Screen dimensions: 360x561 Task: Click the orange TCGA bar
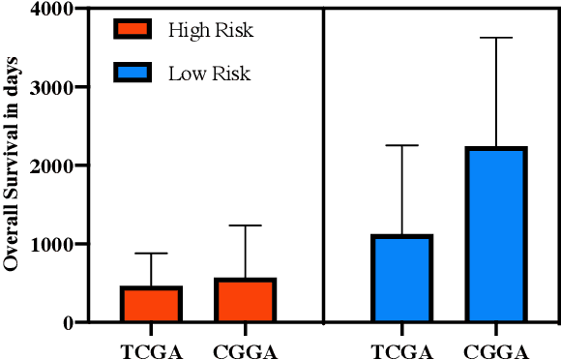click(151, 304)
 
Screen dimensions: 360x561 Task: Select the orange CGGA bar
click(246, 300)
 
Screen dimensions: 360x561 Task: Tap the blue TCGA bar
click(401, 279)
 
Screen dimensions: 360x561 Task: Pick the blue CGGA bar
click(496, 234)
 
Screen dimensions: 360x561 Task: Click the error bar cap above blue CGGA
click(496, 38)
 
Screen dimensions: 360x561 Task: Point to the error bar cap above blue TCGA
click(401, 145)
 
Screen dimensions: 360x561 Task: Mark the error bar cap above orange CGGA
click(246, 225)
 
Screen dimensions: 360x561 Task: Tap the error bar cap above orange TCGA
click(151, 254)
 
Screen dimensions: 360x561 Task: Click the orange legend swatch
click(132, 29)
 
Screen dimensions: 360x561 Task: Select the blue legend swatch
click(132, 74)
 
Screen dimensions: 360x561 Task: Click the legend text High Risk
click(211, 30)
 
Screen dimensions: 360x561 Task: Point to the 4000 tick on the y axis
click(56, 10)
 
